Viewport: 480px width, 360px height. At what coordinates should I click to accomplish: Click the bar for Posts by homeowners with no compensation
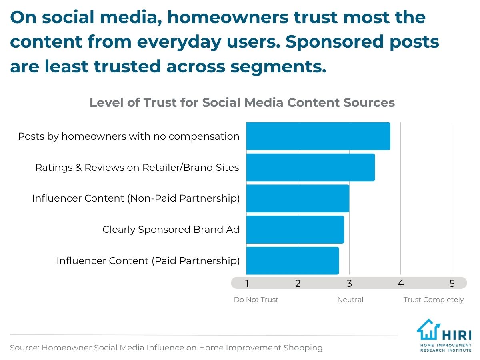(318, 136)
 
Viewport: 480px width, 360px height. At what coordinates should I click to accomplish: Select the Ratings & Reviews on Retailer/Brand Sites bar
(310, 167)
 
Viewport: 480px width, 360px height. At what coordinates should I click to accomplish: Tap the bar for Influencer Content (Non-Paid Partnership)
(298, 198)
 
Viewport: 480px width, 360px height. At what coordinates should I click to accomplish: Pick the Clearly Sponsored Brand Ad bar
(295, 230)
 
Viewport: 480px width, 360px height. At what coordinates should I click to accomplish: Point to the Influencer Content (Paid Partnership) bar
(292, 261)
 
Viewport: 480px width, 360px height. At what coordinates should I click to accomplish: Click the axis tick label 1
(247, 284)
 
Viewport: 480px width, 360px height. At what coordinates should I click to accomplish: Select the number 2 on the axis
(298, 284)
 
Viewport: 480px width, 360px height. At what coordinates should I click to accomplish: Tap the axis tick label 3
(349, 284)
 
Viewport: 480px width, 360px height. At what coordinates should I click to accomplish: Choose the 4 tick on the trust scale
(400, 284)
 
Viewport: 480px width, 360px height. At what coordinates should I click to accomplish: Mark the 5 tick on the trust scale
(452, 284)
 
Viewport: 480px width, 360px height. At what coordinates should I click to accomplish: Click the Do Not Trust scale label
(256, 300)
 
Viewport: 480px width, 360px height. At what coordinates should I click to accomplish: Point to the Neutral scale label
(350, 300)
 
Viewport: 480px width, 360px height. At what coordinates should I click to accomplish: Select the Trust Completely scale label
(434, 300)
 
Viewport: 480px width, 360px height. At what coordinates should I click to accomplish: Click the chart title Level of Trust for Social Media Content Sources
(242, 103)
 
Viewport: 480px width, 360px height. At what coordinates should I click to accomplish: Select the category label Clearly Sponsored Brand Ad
(171, 230)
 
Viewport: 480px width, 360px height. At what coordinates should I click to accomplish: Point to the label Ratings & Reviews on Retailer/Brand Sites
(137, 168)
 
